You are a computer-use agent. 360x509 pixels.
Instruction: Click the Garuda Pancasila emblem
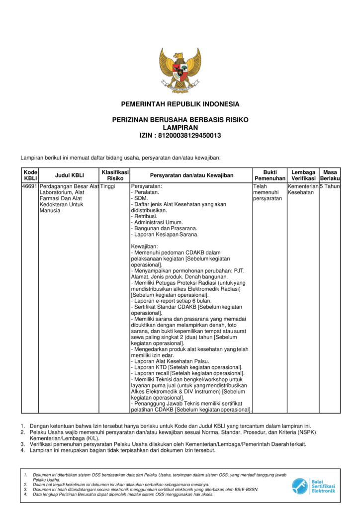pyautogui.click(x=180, y=70)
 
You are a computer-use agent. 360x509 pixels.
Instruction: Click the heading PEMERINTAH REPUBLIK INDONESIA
pyautogui.click(x=180, y=104)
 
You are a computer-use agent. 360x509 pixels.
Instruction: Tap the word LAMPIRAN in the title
pyautogui.click(x=180, y=128)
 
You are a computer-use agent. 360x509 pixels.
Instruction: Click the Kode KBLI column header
pyautogui.click(x=30, y=175)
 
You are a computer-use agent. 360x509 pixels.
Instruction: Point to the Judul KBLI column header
pyautogui.click(x=69, y=175)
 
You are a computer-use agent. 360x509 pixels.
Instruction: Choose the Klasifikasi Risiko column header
pyautogui.click(x=115, y=175)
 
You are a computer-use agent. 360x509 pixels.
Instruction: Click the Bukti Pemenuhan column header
pyautogui.click(x=270, y=175)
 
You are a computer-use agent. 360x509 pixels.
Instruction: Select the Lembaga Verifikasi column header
pyautogui.click(x=303, y=175)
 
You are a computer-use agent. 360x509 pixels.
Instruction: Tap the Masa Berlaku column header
pyautogui.click(x=330, y=175)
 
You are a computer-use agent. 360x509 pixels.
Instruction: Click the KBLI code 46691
pyautogui.click(x=30, y=186)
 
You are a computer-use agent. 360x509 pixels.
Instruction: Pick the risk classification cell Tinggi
pyautogui.click(x=107, y=186)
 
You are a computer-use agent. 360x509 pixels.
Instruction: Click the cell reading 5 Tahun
pyautogui.click(x=330, y=186)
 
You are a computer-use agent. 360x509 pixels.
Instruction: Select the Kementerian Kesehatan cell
pyautogui.click(x=303, y=189)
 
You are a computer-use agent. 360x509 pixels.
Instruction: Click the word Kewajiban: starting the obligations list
pyautogui.click(x=144, y=247)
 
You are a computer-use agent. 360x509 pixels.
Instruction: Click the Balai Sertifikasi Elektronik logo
pyautogui.click(x=313, y=486)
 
